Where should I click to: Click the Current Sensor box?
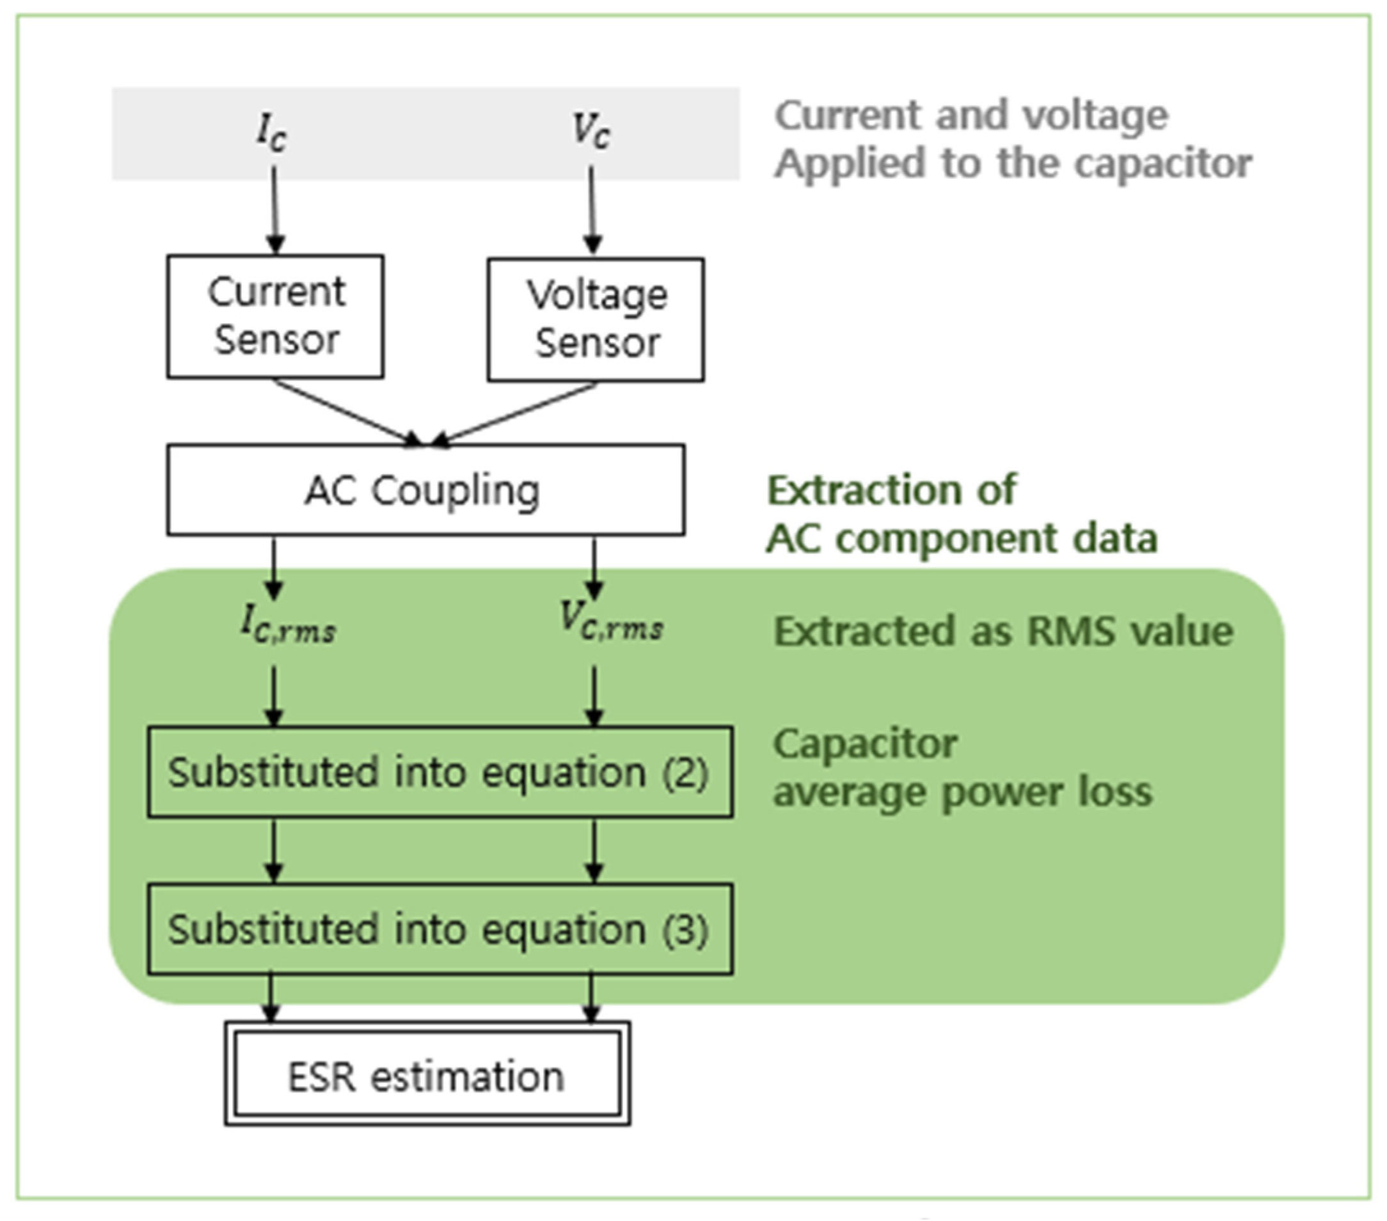[275, 316]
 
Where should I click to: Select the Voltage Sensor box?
[595, 319]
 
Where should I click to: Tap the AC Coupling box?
[425, 490]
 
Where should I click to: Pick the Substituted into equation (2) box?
[439, 772]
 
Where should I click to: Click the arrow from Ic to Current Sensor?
[274, 211]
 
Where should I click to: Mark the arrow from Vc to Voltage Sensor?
[592, 211]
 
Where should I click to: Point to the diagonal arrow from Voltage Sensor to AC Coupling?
[516, 414]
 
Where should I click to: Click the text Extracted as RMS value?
[1003, 631]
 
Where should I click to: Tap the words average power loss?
[962, 792]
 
